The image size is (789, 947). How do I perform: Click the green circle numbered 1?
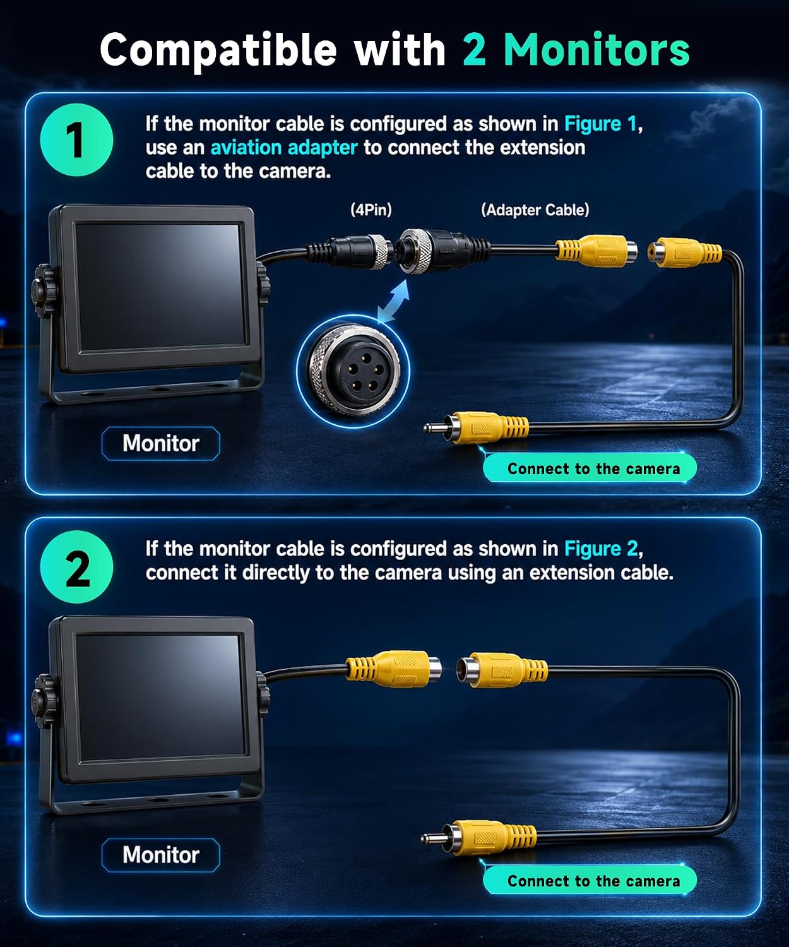[x=76, y=140]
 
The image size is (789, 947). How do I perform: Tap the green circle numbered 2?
[x=76, y=567]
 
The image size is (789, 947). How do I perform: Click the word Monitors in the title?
[x=596, y=50]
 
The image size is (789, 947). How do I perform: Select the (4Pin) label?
[x=371, y=210]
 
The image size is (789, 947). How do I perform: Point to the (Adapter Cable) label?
[x=535, y=210]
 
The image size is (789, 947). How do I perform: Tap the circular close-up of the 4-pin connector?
[x=353, y=371]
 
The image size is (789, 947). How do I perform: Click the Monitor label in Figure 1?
[x=161, y=443]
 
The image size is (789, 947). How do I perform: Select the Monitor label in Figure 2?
[x=161, y=855]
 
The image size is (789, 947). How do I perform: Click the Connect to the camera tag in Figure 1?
[x=590, y=468]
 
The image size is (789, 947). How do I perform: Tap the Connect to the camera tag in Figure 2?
[x=590, y=880]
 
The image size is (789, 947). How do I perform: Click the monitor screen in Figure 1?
[x=160, y=288]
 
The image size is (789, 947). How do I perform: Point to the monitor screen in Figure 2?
[x=160, y=699]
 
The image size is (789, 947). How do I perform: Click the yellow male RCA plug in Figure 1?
[x=476, y=427]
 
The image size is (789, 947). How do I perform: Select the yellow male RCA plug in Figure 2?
[x=479, y=838]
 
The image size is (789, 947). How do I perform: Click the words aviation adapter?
[x=284, y=148]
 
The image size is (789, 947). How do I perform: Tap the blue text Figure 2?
[x=601, y=549]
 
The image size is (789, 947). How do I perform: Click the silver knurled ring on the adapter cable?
[x=415, y=251]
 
